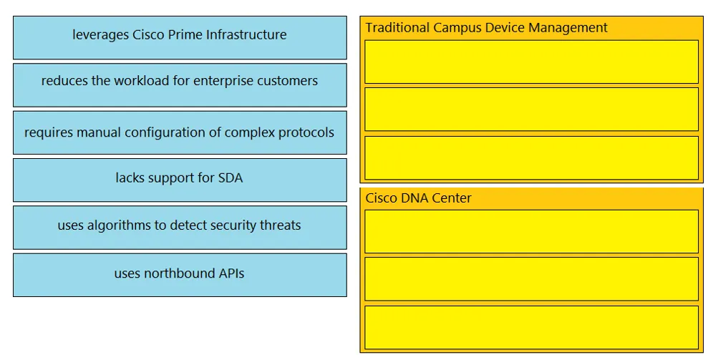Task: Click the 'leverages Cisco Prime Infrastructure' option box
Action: coord(180,38)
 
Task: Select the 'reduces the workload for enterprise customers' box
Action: coord(180,85)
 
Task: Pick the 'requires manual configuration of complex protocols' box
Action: coord(180,132)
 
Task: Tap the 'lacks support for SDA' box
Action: coord(180,180)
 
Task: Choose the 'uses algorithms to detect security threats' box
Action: coord(180,228)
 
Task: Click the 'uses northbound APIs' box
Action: coord(180,275)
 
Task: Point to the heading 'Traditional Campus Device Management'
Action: coord(486,28)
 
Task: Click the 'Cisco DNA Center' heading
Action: coord(418,198)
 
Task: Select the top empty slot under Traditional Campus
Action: coord(531,62)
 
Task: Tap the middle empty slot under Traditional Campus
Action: coord(531,109)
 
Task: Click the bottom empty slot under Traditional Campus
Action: coord(531,157)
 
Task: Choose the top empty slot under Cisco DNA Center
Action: coord(531,231)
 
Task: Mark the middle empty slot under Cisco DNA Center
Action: coord(531,279)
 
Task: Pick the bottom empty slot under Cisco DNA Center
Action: coord(531,327)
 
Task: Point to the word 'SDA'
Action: coord(231,177)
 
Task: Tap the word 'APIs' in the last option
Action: coord(231,273)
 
